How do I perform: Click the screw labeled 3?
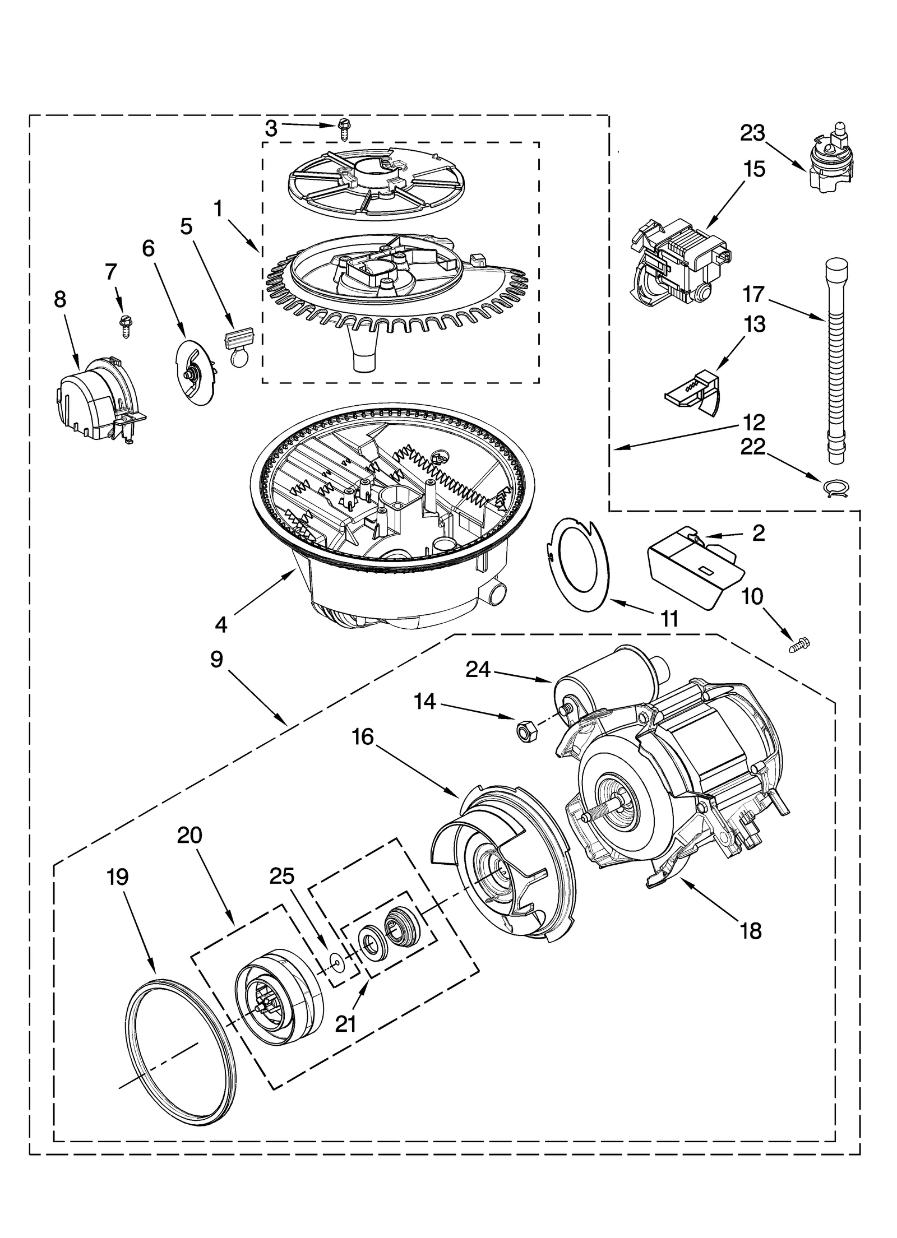point(343,130)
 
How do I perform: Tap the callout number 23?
point(752,133)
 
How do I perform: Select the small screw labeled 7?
point(125,325)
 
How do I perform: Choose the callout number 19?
point(117,877)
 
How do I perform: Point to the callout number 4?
point(221,624)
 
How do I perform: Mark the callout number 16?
point(363,737)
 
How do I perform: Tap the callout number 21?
point(345,1024)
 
